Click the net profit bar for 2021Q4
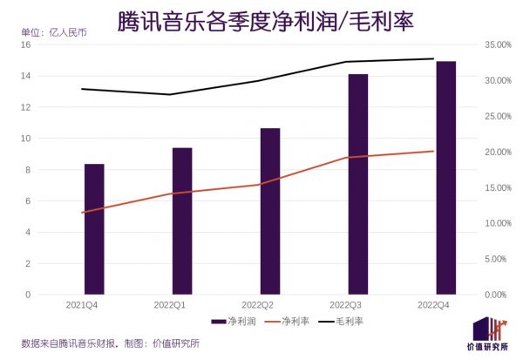coord(94,228)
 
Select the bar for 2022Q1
coord(182,221)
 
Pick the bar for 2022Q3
coord(358,184)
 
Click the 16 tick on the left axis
coord(25,44)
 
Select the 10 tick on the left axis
coord(25,139)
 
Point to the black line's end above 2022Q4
coord(433,59)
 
